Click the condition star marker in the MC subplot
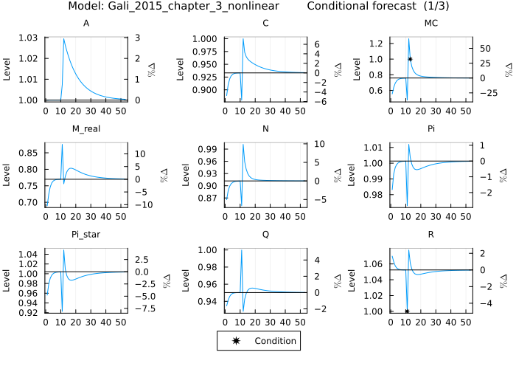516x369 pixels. (x=410, y=59)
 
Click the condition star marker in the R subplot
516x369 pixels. (x=407, y=311)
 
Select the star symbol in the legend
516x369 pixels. (x=235, y=341)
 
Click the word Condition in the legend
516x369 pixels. (x=275, y=341)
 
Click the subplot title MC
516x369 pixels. (x=431, y=24)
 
